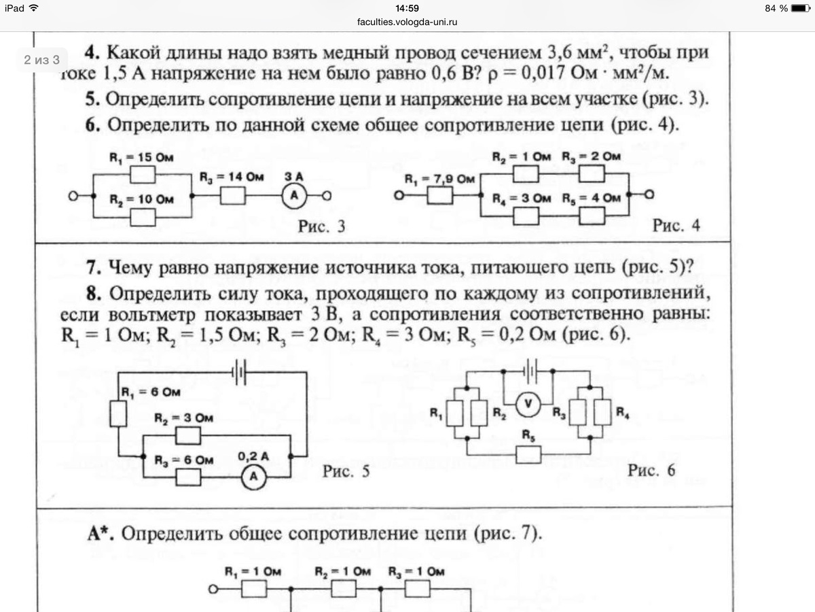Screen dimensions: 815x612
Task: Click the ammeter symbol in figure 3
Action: (294, 196)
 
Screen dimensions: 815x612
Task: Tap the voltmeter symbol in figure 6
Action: (528, 404)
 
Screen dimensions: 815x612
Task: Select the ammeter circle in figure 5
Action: (253, 477)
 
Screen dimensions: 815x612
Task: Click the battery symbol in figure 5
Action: (239, 372)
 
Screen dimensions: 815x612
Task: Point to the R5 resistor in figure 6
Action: (528, 454)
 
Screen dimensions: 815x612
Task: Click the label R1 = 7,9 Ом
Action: (439, 180)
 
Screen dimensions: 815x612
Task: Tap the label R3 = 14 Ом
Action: (232, 177)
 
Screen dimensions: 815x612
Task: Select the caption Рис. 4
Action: (676, 225)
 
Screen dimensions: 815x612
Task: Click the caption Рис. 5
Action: (346, 471)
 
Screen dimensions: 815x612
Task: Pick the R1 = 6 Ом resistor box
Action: (118, 413)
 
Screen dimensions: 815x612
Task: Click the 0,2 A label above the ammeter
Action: (253, 456)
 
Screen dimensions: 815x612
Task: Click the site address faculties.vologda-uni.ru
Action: (407, 22)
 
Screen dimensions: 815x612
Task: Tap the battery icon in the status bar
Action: (801, 8)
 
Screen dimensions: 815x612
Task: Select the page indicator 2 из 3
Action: (41, 60)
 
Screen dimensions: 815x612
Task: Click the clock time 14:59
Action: (407, 8)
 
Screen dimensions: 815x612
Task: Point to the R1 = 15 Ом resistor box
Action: (143, 174)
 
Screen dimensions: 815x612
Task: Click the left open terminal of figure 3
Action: (73, 196)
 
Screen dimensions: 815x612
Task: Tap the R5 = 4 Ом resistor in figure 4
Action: (592, 216)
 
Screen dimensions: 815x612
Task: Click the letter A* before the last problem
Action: (101, 534)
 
